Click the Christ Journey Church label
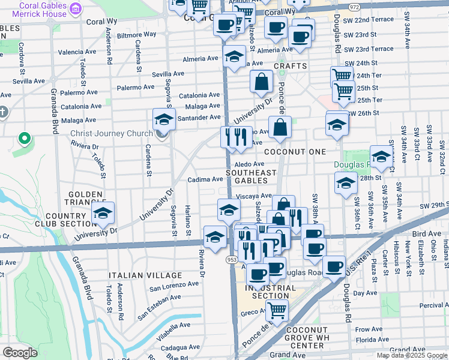[112, 133]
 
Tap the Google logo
[20, 353]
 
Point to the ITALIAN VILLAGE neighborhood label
[137, 275]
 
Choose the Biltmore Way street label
[136, 35]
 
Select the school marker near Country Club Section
[103, 213]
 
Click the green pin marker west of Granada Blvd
[24, 139]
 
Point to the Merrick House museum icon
[76, 7]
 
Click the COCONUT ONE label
[295, 152]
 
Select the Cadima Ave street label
[205, 179]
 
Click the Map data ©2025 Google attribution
[412, 355]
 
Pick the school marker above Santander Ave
[164, 119]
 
